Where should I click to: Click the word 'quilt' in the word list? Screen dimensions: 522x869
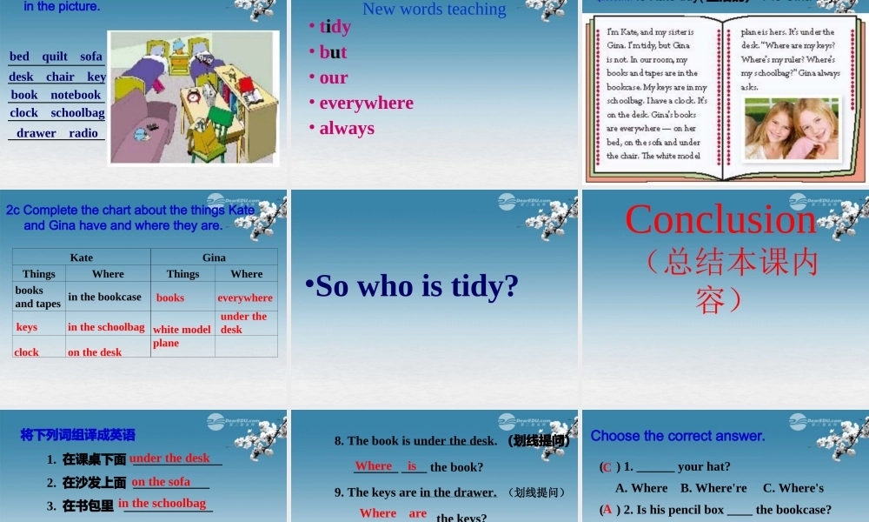coord(55,57)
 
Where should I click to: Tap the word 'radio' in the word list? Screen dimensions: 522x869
coord(83,133)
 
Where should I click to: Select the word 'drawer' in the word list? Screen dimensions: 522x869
coord(36,133)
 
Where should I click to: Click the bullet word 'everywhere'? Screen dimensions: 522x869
coord(366,103)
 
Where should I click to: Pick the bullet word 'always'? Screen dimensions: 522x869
coord(347,128)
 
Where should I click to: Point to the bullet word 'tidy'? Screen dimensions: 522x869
coord(335,26)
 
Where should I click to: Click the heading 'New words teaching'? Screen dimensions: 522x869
coord(434,10)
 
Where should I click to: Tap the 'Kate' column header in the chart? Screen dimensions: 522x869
coord(82,258)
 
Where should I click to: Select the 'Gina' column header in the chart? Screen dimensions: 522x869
coord(214,258)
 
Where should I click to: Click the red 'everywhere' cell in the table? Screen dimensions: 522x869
coord(245,298)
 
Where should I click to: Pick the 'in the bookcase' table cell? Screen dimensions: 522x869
coord(104,297)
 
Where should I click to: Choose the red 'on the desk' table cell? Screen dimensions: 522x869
coord(95,352)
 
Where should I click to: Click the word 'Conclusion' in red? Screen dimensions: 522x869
coord(720,219)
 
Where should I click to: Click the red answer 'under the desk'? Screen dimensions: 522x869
coord(169,458)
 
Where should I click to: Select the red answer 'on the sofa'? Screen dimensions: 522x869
coord(161,481)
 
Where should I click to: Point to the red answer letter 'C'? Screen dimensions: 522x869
coord(607,467)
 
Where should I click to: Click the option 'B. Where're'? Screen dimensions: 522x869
coord(713,488)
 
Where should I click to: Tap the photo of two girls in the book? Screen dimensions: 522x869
coord(791,129)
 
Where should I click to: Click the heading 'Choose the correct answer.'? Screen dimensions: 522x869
coord(678,436)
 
